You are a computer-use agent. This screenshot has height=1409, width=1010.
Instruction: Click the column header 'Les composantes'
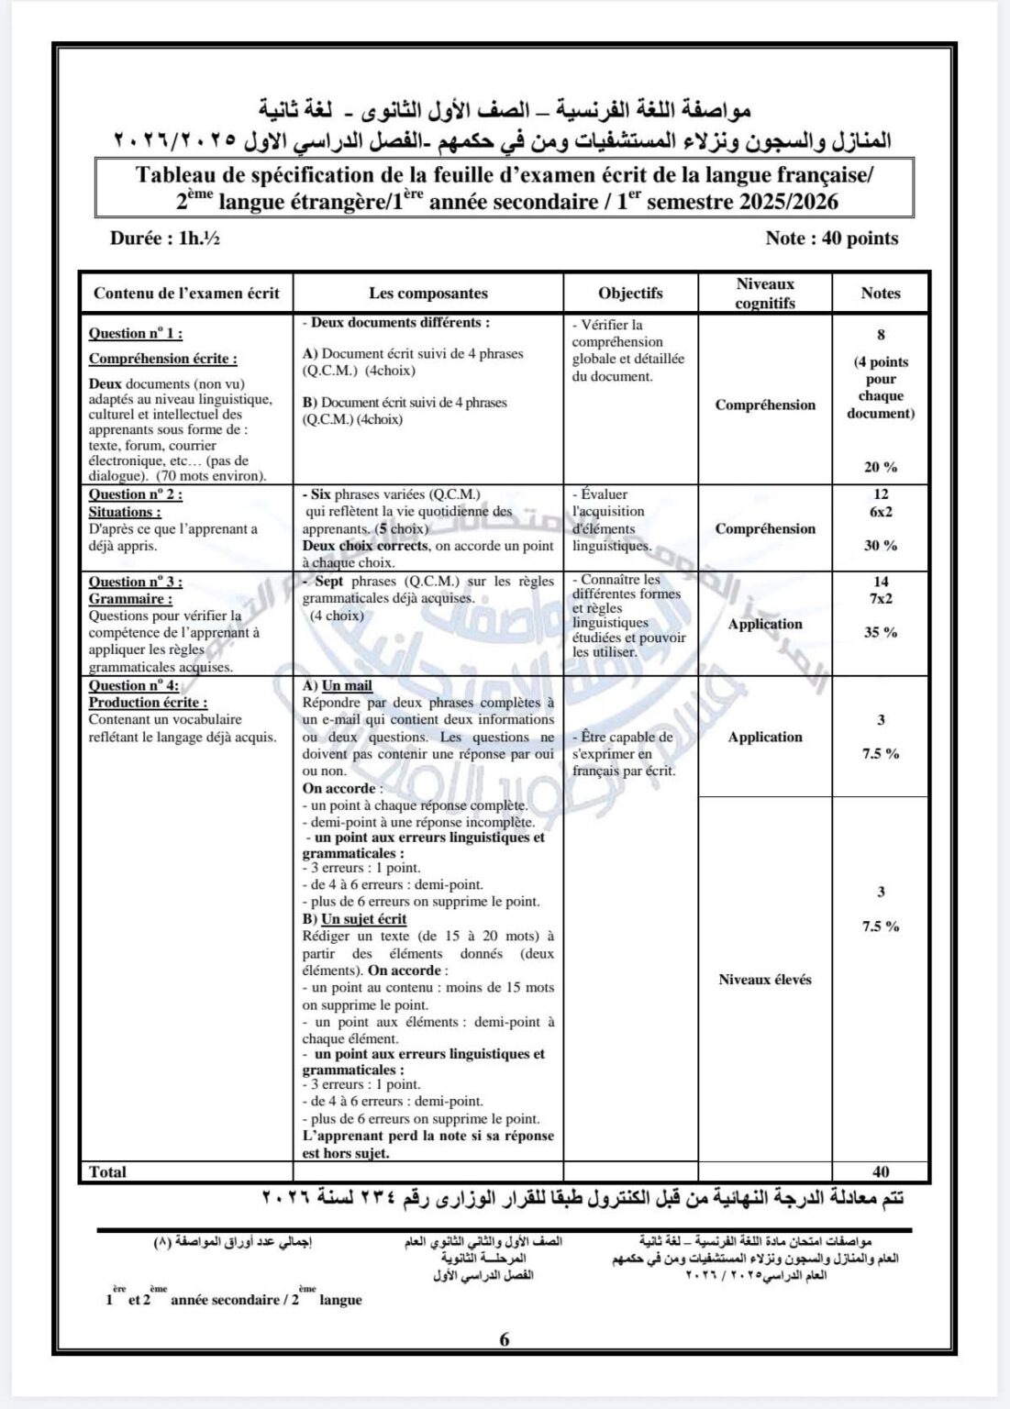(428, 294)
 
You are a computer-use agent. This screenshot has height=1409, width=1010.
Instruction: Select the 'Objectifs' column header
(630, 294)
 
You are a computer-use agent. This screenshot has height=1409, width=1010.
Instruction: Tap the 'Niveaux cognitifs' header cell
(765, 294)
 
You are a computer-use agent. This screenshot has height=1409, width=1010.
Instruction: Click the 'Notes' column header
(881, 294)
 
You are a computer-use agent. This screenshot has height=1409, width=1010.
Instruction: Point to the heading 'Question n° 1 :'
(135, 334)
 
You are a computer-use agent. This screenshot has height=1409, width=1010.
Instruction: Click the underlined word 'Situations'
(124, 512)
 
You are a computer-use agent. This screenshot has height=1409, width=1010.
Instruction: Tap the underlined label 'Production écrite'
(147, 703)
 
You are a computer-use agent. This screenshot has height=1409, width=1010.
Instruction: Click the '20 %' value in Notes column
(881, 467)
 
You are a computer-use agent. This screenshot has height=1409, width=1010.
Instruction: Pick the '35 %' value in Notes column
(881, 632)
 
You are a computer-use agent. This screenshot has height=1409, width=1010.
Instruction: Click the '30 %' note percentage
(881, 546)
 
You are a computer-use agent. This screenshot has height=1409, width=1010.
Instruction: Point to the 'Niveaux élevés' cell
(765, 980)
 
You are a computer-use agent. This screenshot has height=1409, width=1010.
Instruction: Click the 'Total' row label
(107, 1171)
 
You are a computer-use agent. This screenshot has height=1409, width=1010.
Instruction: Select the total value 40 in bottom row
(881, 1171)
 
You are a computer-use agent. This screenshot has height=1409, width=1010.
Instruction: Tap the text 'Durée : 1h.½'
(164, 239)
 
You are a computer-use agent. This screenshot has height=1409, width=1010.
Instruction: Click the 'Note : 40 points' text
(832, 239)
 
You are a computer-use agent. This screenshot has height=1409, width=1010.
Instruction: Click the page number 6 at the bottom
(505, 1339)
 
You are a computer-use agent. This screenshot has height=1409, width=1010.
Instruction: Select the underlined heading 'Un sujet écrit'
(363, 919)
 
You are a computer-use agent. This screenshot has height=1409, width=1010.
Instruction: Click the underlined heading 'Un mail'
(347, 686)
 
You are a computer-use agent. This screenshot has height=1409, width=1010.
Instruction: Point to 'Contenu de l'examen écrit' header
(186, 294)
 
